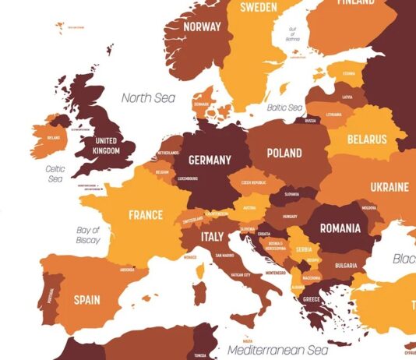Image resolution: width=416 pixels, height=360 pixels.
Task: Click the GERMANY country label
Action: (210, 161)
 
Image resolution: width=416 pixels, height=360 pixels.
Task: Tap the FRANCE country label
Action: (146, 215)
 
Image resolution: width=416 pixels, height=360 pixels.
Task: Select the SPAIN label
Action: (86, 299)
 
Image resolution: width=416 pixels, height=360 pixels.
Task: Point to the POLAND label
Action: (284, 154)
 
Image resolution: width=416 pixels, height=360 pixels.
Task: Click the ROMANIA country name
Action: (335, 228)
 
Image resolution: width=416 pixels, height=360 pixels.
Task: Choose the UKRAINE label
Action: (389, 188)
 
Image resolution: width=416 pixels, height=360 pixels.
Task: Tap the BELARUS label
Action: (367, 140)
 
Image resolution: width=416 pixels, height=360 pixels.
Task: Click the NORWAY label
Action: (203, 26)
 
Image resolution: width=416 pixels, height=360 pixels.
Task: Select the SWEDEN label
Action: (259, 8)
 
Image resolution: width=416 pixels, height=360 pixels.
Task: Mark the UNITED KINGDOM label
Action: (105, 146)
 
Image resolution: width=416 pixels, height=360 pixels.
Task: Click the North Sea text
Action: (148, 98)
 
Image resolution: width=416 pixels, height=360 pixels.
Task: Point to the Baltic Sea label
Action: (284, 108)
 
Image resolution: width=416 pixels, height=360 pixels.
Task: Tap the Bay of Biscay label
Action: (88, 235)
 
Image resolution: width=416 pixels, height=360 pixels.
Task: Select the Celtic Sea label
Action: (55, 174)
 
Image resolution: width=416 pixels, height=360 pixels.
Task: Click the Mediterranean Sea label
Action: (279, 351)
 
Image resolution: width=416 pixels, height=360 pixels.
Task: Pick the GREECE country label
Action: (310, 298)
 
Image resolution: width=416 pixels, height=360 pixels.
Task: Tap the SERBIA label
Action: (303, 249)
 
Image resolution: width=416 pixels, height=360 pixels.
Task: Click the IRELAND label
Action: (54, 138)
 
